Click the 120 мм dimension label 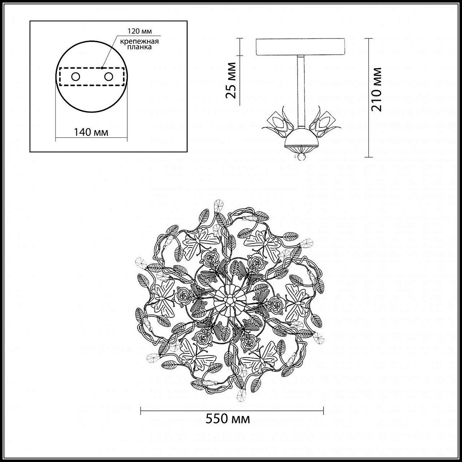(x=139, y=31)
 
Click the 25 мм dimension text (x=231, y=80)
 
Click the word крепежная (x=139, y=41)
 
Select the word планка (x=139, y=47)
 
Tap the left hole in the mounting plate (x=76, y=77)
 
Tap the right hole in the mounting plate (x=109, y=77)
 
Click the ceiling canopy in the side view (x=301, y=47)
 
